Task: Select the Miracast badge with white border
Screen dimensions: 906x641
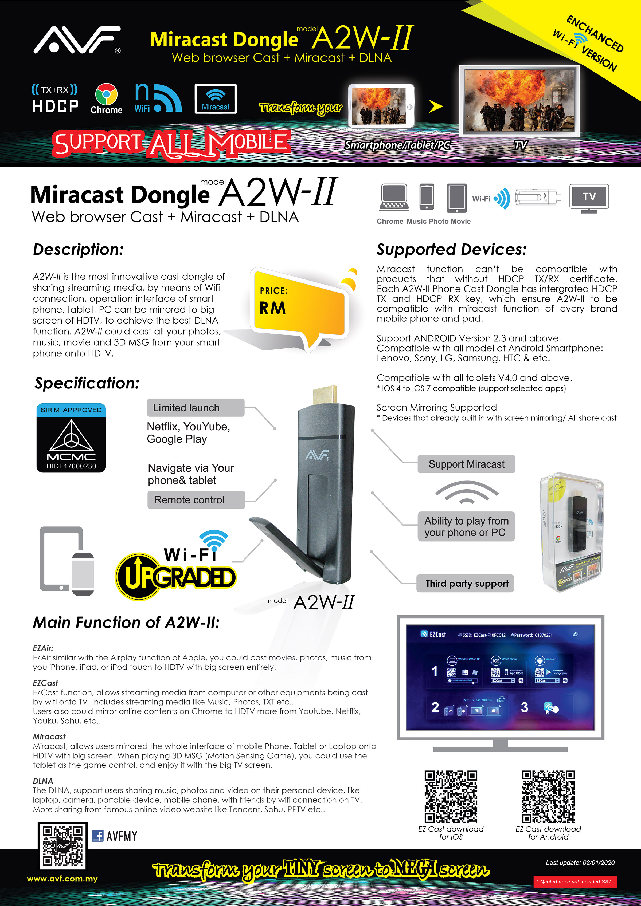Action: [216, 99]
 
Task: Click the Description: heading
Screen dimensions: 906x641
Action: [78, 249]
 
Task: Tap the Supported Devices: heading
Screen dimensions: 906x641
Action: [451, 249]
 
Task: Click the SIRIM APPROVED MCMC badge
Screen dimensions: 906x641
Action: [71, 438]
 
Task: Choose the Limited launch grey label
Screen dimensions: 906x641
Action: [196, 408]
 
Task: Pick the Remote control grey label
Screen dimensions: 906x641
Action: [196, 499]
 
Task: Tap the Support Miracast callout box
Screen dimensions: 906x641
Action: [466, 464]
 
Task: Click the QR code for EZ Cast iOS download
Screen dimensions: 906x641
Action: [451, 796]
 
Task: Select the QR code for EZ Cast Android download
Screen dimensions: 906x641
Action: [548, 796]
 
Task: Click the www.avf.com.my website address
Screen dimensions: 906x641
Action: [62, 879]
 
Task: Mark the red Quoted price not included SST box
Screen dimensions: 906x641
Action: [575, 881]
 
